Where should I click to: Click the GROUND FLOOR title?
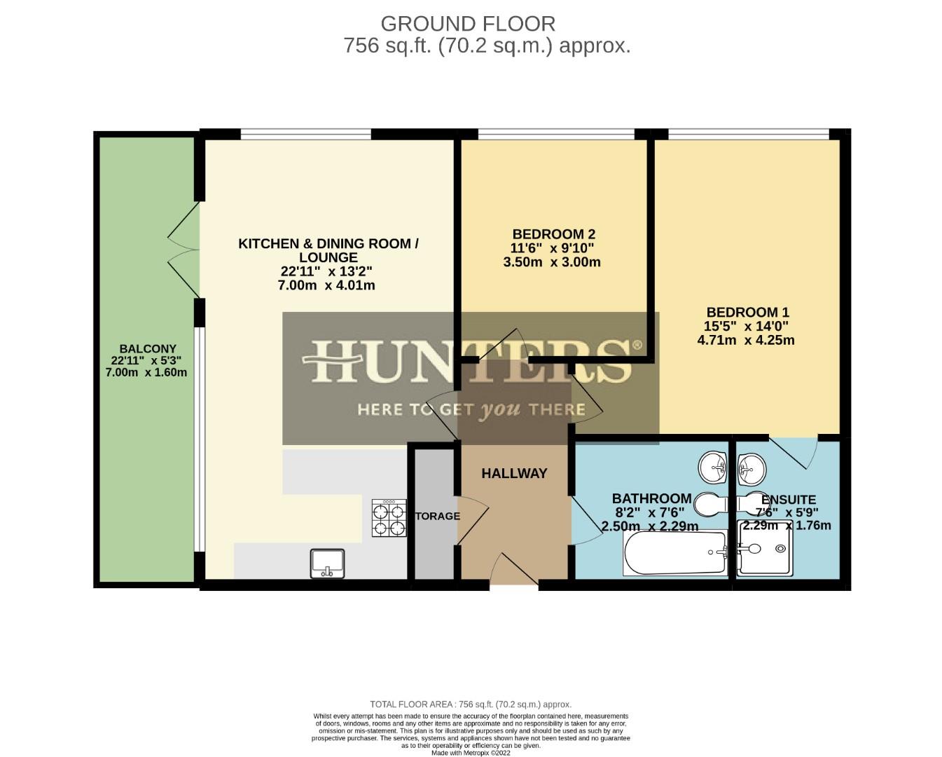point(468,24)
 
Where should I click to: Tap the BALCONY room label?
point(147,348)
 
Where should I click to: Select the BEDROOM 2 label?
point(553,234)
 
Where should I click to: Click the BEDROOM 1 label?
point(747,313)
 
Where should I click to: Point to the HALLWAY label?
point(514,474)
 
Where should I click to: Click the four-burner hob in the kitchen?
point(389,519)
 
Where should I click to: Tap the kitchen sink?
point(327,564)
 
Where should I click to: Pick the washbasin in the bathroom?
point(716,467)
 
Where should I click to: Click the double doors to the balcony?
point(183,250)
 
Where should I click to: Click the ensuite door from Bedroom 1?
point(795,453)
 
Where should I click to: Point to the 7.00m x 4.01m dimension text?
point(326,285)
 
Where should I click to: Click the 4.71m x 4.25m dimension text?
point(746,341)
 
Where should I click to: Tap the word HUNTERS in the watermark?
point(471,362)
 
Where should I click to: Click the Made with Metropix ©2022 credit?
point(471,753)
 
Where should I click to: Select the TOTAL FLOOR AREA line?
point(471,704)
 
